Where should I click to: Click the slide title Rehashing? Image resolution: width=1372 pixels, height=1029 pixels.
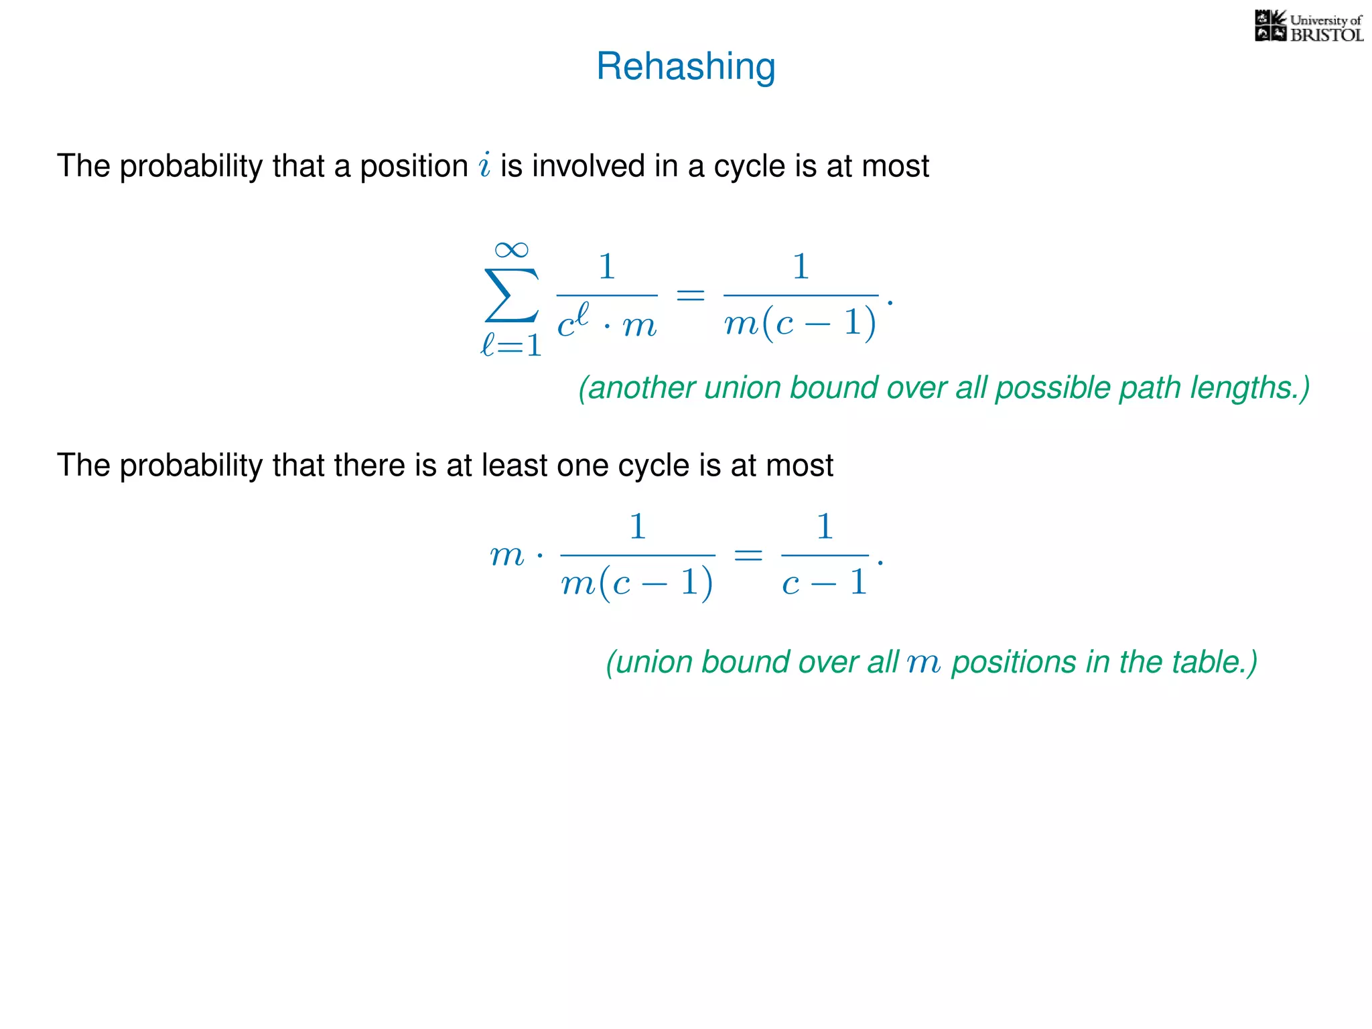click(x=685, y=66)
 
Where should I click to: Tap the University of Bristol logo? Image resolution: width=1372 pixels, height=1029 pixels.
click(x=1308, y=27)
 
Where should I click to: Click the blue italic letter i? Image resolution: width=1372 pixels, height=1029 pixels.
click(x=485, y=165)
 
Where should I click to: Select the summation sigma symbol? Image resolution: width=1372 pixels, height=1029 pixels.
click(x=511, y=295)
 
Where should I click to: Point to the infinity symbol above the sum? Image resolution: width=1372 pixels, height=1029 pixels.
click(x=511, y=250)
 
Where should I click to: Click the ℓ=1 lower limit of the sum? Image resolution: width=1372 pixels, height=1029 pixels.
click(x=511, y=346)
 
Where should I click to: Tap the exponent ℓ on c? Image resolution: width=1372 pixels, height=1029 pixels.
click(x=582, y=314)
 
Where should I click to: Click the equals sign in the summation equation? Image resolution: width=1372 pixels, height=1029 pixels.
click(x=690, y=295)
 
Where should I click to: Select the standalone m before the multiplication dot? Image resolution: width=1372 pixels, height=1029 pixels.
click(x=506, y=555)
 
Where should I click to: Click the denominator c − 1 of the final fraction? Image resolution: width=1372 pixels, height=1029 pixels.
click(x=825, y=583)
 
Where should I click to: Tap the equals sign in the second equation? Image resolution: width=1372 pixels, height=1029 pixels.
click(x=748, y=555)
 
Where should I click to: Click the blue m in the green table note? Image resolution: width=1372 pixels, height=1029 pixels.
click(x=924, y=663)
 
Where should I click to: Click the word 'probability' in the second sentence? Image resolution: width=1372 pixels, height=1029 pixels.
click(x=191, y=466)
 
